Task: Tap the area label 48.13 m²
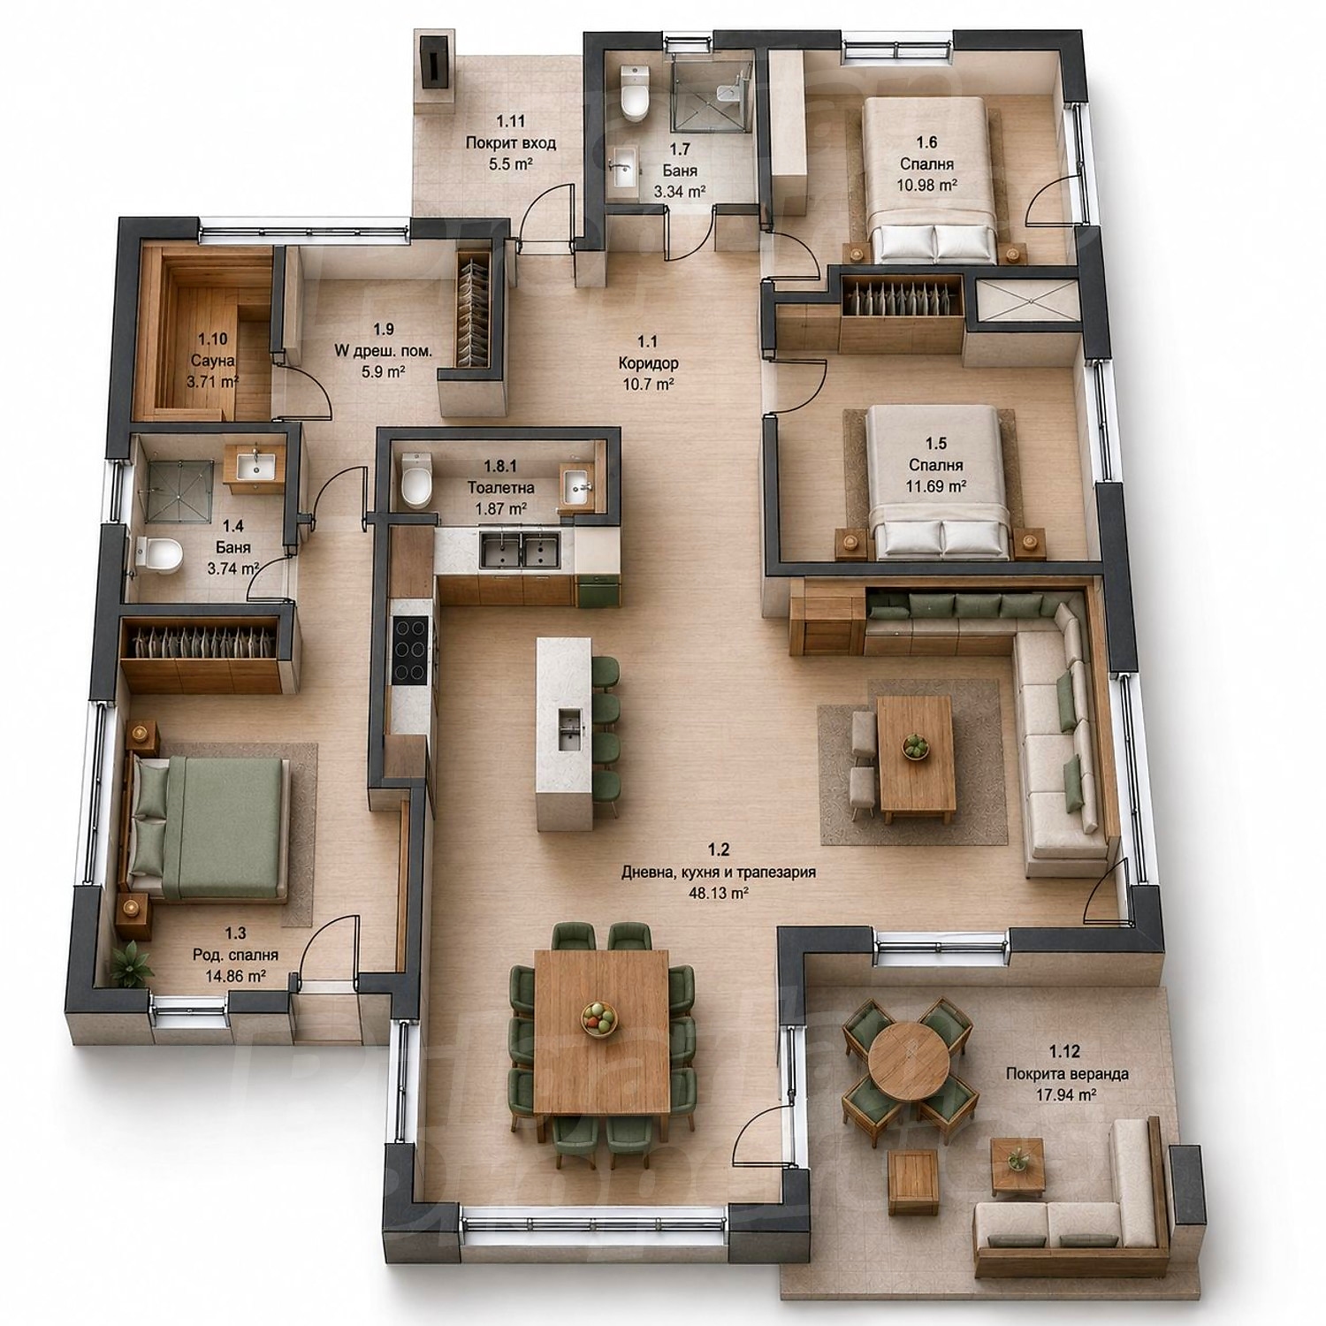[x=718, y=893]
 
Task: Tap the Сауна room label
[x=212, y=361]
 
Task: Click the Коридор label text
[x=648, y=362]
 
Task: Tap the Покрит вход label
[x=510, y=142]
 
